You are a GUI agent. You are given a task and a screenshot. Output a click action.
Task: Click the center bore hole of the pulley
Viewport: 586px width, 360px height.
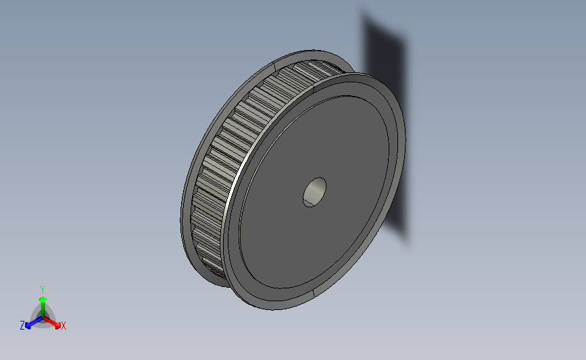(314, 192)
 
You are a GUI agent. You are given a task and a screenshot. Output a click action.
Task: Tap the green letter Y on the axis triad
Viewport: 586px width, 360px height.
(43, 290)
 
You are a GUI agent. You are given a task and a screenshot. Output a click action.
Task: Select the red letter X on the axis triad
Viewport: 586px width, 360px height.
(63, 326)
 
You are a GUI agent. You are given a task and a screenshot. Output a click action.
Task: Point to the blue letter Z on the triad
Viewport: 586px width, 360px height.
(22, 326)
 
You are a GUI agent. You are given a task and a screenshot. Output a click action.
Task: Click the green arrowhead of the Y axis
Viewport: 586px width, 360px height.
(43, 299)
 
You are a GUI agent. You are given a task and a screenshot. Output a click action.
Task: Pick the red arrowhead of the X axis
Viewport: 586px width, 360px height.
(57, 326)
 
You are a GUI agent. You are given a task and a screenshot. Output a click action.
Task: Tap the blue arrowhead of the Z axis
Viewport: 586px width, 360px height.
(28, 326)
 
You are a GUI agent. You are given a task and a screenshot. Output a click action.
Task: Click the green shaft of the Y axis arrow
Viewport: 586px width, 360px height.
(43, 310)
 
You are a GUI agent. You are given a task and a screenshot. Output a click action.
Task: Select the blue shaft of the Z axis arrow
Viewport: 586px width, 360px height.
(36, 322)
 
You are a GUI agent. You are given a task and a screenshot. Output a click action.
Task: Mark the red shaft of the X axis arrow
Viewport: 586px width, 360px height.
(49, 321)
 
